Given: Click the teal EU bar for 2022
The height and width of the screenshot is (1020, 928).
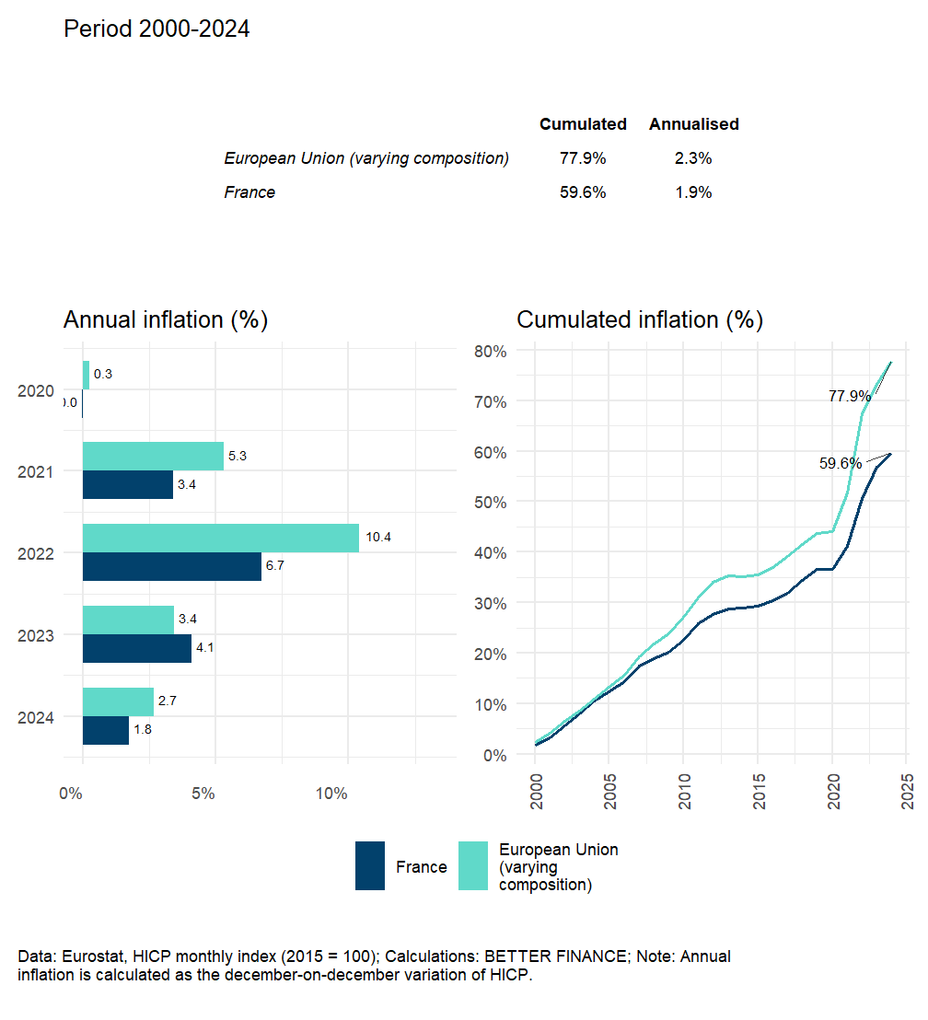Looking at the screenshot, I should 221,538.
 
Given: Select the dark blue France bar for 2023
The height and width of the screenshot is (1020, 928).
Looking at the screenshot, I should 137,648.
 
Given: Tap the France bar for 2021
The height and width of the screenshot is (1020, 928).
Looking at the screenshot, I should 128,484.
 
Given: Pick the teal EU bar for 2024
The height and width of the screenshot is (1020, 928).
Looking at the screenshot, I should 118,701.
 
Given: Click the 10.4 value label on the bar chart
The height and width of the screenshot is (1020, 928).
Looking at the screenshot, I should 378,537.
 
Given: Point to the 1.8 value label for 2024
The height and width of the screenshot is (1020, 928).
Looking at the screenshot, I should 145,730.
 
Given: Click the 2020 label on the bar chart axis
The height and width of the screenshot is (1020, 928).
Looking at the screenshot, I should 35,391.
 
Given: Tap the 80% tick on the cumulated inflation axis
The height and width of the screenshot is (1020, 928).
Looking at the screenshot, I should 490,351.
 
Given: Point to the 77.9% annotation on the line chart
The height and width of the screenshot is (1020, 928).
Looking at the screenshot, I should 850,396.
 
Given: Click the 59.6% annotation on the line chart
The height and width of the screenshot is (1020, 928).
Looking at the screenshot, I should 841,463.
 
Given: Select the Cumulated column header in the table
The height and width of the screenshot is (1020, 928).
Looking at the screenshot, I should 583,124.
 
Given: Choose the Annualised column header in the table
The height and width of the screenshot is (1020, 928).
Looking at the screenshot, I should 693,124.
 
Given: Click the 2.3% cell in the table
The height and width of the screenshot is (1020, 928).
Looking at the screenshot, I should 692,158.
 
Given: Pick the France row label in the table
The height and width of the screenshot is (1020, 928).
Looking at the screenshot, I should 249,192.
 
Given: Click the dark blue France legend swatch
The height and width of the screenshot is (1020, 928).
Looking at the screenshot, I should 370,866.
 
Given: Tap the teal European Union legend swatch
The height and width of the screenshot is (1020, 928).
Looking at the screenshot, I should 473,866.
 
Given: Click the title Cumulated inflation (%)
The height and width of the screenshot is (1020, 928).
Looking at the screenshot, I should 640,319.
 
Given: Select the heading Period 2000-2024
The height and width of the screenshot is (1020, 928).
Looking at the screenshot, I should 157,29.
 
